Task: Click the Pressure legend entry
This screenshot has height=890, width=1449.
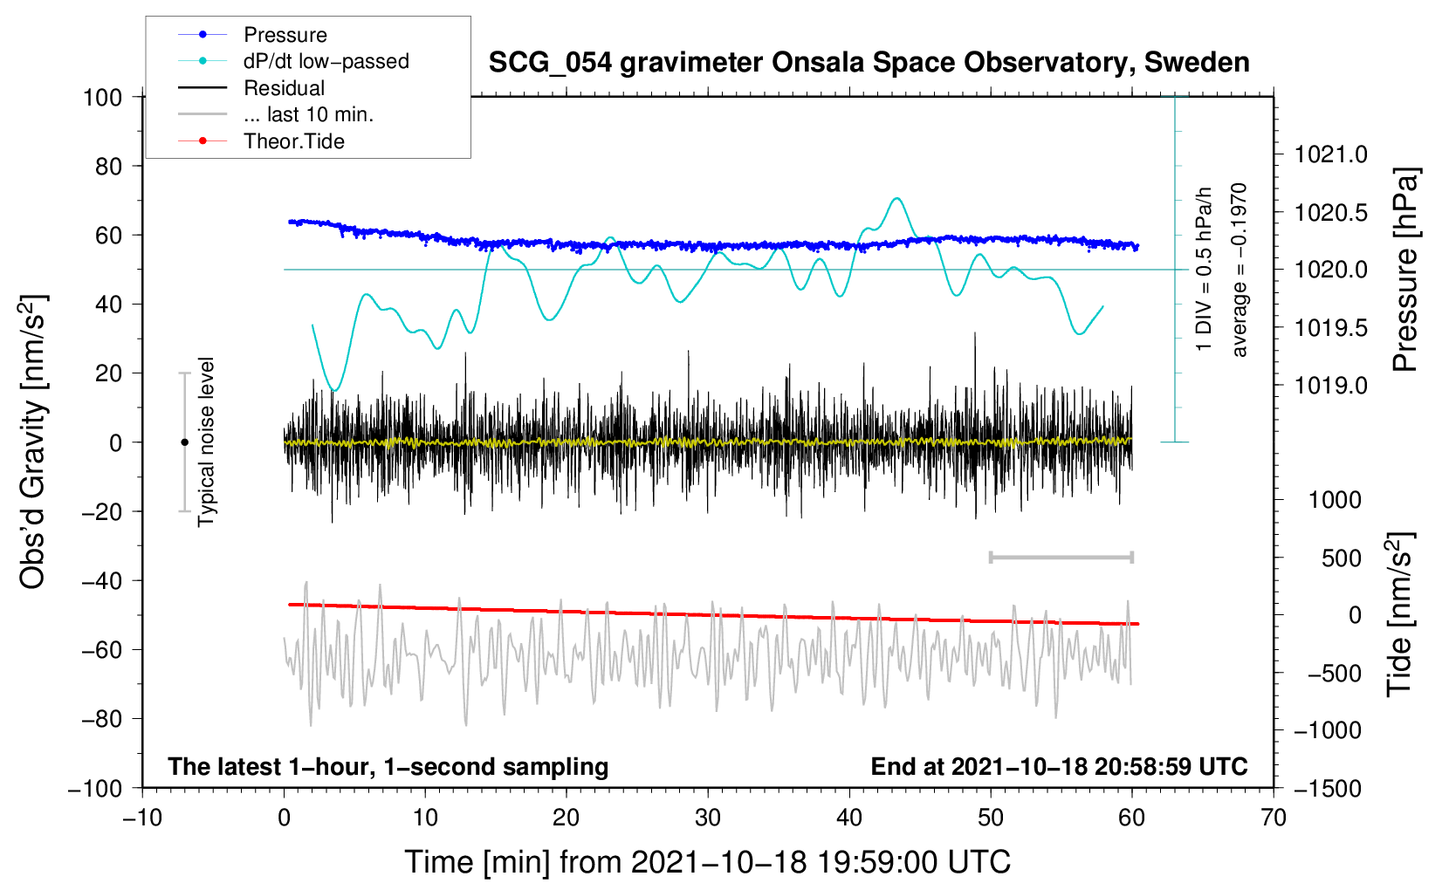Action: coord(285,35)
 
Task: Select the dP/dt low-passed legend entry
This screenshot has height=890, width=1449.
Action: coord(326,61)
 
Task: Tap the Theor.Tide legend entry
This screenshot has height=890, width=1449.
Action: coord(293,141)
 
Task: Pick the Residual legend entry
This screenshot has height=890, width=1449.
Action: coord(284,88)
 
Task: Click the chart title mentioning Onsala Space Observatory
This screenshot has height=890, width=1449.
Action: coord(869,63)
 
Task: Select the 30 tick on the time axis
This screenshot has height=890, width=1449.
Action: coord(708,818)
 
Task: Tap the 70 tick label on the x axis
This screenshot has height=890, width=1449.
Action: coord(1274,818)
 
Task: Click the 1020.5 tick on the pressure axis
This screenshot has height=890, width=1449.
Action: coord(1331,213)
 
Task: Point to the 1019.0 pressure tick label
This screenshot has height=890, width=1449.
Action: coord(1331,386)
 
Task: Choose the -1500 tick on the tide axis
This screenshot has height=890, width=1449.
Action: coord(1328,789)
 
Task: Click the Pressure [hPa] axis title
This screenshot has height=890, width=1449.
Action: coord(1405,270)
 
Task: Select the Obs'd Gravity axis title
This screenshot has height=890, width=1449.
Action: coord(32,442)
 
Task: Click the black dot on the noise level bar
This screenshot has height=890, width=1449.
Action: coord(184,442)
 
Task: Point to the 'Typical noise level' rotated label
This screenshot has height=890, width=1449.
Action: coord(206,442)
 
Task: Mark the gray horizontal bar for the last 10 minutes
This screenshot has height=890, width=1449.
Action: coord(1061,557)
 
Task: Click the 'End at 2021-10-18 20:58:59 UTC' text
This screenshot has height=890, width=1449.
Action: coord(1059,767)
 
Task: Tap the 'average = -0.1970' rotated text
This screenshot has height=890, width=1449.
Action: coord(1240,270)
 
